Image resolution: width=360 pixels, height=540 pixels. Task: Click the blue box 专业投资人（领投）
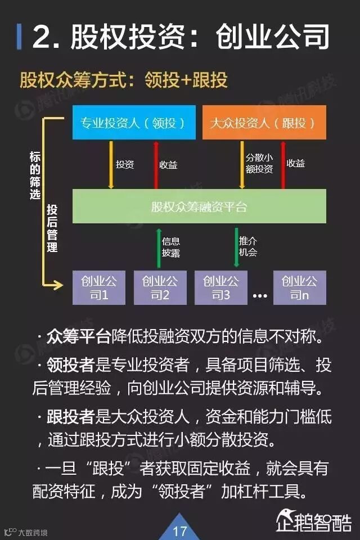pyautogui.click(x=134, y=123)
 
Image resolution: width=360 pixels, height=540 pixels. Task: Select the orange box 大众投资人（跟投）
pyautogui.click(x=264, y=123)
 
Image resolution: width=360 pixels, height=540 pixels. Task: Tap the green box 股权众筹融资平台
pyautogui.click(x=199, y=206)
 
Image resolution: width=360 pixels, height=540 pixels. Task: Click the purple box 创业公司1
pyautogui.click(x=99, y=287)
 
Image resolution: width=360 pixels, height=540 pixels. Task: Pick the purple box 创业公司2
pyautogui.click(x=160, y=287)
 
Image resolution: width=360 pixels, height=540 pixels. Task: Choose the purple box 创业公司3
pyautogui.click(x=220, y=287)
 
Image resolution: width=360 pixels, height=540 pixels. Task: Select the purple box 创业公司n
pyautogui.click(x=299, y=287)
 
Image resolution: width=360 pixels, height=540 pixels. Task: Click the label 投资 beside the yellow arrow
pyautogui.click(x=124, y=164)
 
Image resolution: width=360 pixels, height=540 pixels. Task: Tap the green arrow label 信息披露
pyautogui.click(x=171, y=246)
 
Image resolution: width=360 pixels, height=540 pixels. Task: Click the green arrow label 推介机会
pyautogui.click(x=248, y=246)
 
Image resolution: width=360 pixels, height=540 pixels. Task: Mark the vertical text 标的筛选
pyautogui.click(x=35, y=175)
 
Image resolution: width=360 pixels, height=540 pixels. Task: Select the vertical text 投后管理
pyautogui.click(x=52, y=228)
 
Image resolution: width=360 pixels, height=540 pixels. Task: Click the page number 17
pyautogui.click(x=179, y=530)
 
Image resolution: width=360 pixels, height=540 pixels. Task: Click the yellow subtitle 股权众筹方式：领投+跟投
pyautogui.click(x=124, y=80)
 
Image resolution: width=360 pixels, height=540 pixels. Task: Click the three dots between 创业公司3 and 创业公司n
pyautogui.click(x=260, y=295)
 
